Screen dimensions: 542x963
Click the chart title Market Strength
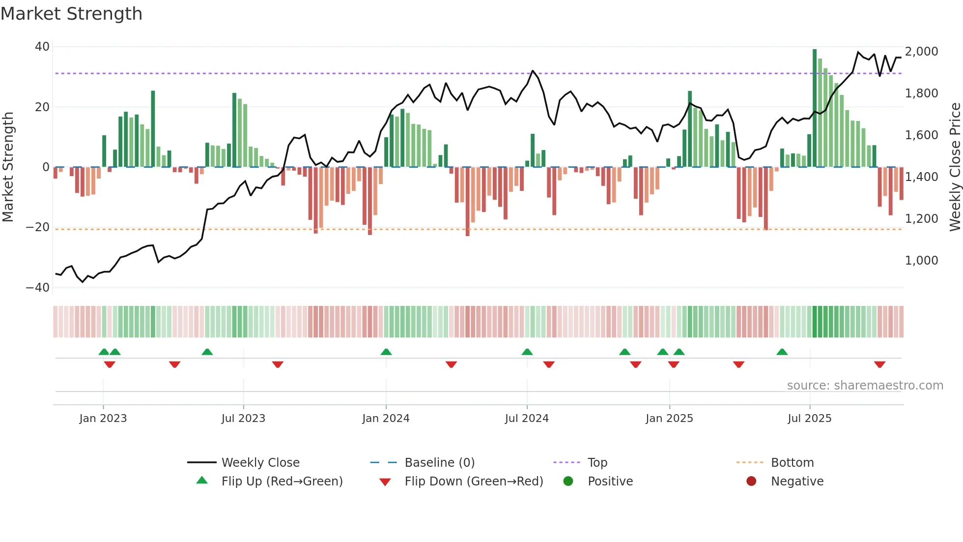[71, 14]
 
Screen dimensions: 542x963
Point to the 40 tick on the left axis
[42, 47]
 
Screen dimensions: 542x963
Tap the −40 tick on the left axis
[38, 287]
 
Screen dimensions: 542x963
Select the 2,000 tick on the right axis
[921, 52]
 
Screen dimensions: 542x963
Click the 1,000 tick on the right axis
[921, 261]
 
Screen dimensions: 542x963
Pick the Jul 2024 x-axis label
[527, 419]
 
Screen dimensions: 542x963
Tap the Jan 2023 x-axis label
[103, 419]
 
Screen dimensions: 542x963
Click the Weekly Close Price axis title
[955, 167]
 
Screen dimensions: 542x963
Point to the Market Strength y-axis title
[8, 167]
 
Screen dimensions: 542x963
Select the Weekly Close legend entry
[260, 463]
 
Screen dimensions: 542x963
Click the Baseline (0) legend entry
[439, 463]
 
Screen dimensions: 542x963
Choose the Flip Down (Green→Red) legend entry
[473, 482]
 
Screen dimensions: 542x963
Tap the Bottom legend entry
[792, 463]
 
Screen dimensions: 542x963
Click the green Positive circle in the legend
[568, 482]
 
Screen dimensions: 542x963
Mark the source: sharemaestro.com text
[865, 386]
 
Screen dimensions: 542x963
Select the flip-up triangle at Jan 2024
[386, 352]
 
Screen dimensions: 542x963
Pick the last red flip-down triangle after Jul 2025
[879, 364]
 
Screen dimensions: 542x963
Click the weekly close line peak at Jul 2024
[533, 71]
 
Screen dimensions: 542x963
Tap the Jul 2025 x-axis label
[809, 419]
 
